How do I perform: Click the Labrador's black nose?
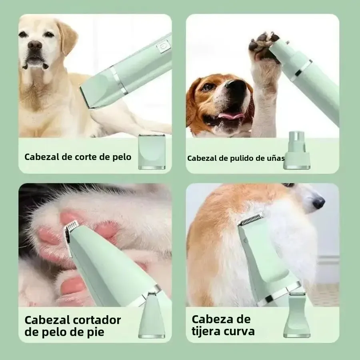click(35, 45)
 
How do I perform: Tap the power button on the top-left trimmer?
click(163, 47)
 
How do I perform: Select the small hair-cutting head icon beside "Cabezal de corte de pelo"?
click(152, 152)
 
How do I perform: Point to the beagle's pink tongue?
click(231, 116)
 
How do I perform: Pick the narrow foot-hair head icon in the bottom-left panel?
click(152, 316)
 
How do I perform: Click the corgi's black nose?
click(318, 203)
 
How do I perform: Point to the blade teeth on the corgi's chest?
click(251, 219)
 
